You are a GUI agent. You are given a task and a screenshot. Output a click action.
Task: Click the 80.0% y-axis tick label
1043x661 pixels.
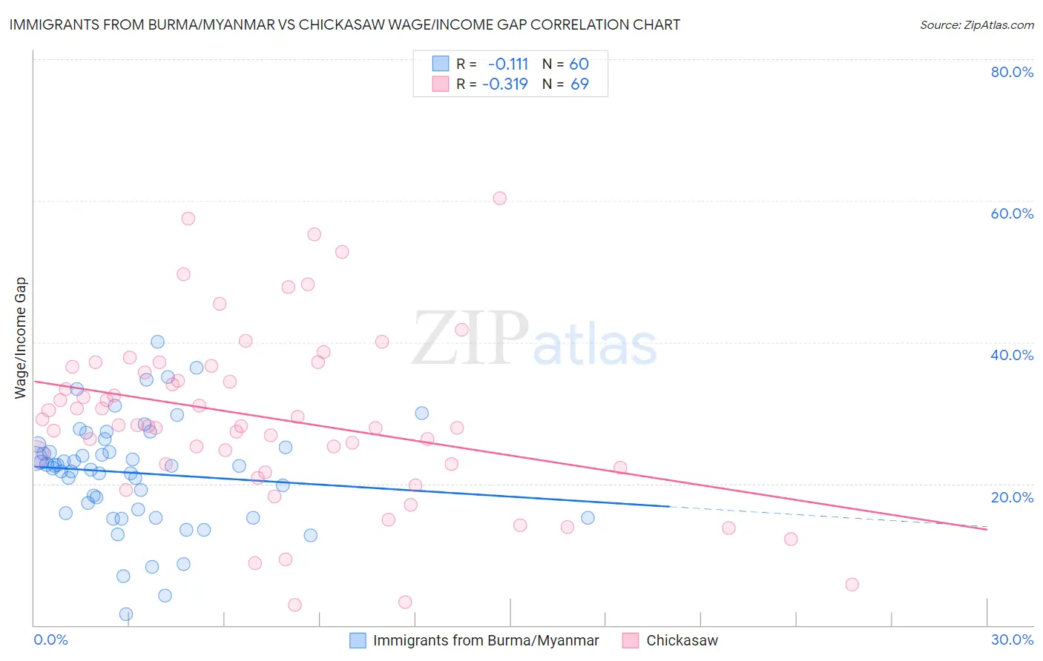(x=1012, y=72)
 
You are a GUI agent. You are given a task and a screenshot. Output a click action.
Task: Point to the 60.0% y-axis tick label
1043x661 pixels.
(x=1012, y=213)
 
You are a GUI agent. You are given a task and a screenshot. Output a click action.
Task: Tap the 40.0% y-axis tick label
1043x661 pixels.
(x=1012, y=355)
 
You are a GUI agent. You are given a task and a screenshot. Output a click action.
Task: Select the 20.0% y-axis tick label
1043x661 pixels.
(x=1012, y=497)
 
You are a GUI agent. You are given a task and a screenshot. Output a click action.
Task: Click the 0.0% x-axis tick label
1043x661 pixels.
(x=50, y=640)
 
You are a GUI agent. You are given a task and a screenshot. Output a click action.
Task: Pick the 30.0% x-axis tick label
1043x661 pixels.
(x=1012, y=640)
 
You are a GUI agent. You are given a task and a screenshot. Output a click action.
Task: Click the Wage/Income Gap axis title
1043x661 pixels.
(x=21, y=338)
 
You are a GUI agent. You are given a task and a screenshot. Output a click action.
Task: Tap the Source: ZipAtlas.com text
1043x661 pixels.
(x=976, y=24)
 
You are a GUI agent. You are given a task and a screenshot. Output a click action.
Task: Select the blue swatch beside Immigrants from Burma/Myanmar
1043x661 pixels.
(x=358, y=640)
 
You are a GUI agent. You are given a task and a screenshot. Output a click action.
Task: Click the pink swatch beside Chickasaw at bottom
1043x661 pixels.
(x=631, y=640)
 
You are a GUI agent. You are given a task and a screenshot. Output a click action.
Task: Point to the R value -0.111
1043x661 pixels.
(x=508, y=64)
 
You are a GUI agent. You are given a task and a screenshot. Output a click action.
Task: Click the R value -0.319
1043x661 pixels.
(x=505, y=84)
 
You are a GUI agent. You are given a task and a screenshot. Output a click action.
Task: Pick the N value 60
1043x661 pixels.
(x=579, y=64)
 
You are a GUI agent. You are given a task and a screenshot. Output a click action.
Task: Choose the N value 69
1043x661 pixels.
(x=579, y=84)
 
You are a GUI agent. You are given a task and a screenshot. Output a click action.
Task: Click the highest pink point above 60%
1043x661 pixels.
(x=500, y=199)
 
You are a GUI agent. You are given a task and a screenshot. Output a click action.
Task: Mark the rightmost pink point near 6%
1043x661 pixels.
(x=852, y=585)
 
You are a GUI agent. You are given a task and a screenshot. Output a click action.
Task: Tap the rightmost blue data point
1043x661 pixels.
(x=588, y=518)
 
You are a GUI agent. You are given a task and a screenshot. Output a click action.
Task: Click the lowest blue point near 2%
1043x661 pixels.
(x=126, y=614)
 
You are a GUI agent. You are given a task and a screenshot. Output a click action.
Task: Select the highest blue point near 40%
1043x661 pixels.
(x=157, y=342)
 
